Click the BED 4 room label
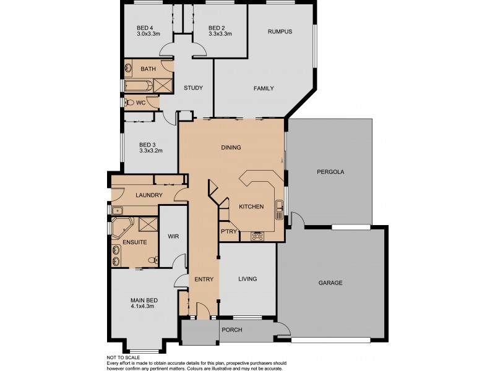click(145, 28)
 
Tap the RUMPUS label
click(280, 32)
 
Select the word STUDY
click(194, 88)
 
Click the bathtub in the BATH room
click(137, 85)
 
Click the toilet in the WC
click(129, 102)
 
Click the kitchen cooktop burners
click(257, 236)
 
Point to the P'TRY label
click(228, 231)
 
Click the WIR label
click(173, 236)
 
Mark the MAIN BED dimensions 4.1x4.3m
click(144, 307)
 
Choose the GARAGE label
click(330, 283)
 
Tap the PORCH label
click(232, 330)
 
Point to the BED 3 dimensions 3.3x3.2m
click(151, 150)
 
